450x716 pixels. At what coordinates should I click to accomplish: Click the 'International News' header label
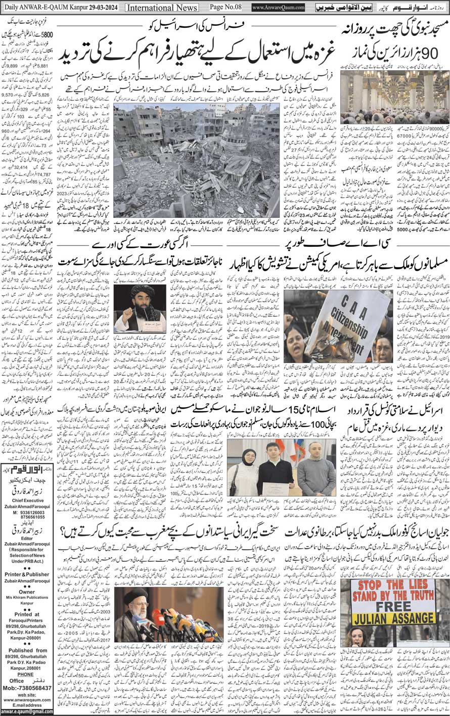tap(158, 8)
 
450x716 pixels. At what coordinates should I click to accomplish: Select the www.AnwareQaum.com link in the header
tap(278, 8)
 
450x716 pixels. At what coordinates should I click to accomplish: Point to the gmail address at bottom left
tap(28, 711)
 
